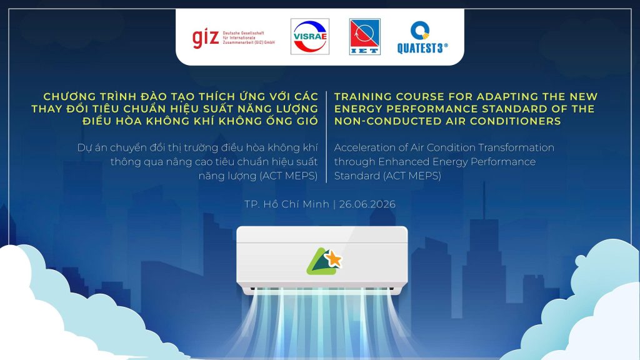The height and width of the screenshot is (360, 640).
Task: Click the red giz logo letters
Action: [x=206, y=38]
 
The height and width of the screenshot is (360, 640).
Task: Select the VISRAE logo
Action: [x=310, y=36]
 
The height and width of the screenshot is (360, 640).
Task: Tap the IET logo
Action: [x=365, y=36]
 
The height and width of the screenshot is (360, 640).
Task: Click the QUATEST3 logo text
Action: [x=422, y=48]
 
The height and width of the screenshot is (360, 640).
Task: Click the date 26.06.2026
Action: [x=367, y=204]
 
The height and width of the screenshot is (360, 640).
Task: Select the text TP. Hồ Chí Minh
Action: [x=287, y=204]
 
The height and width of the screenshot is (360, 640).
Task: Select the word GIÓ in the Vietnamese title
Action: [x=307, y=121]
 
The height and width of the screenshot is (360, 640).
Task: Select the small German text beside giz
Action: [x=249, y=37]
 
